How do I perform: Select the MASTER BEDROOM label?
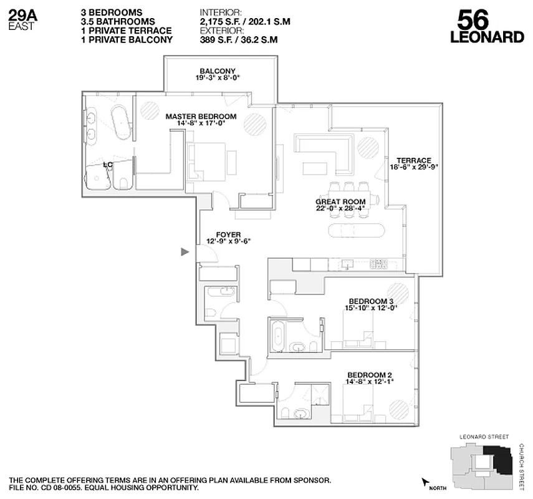pos(201,117)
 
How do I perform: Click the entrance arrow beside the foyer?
pos(185,252)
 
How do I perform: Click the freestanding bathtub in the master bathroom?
pos(119,121)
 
